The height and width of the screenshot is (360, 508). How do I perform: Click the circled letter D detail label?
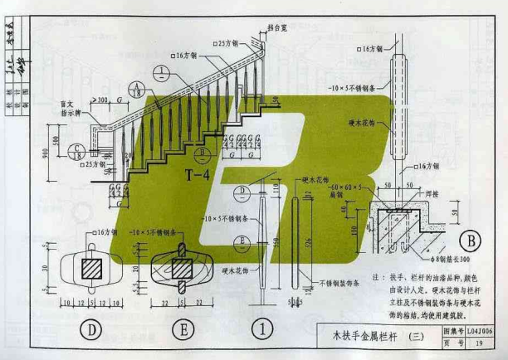94,328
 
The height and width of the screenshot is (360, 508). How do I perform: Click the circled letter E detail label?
181,328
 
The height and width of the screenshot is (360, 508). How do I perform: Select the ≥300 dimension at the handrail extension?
102,100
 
